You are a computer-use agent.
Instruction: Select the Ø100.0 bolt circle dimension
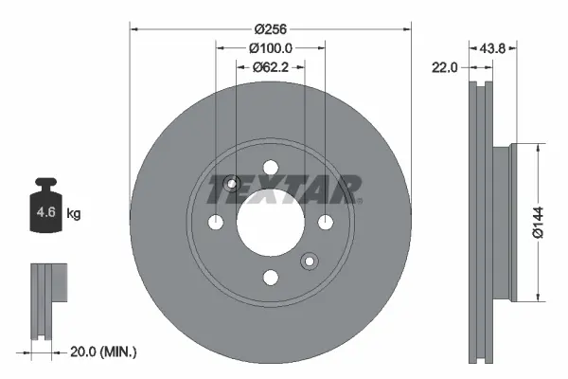coord(271,49)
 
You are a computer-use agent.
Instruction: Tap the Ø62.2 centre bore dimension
coord(271,67)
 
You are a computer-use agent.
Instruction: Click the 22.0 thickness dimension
coord(446,67)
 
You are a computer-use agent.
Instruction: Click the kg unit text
coord(73,214)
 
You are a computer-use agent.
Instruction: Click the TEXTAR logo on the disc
coord(284,189)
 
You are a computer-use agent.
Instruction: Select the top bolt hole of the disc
coord(271,168)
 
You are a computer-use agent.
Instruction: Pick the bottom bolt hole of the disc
coord(271,277)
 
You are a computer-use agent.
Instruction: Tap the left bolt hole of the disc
coord(216,223)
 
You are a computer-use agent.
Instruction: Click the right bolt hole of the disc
coord(326,223)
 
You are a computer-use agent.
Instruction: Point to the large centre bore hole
coord(271,223)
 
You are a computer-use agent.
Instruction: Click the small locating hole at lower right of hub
coord(309,261)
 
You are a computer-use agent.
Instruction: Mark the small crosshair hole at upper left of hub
coord(233,184)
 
